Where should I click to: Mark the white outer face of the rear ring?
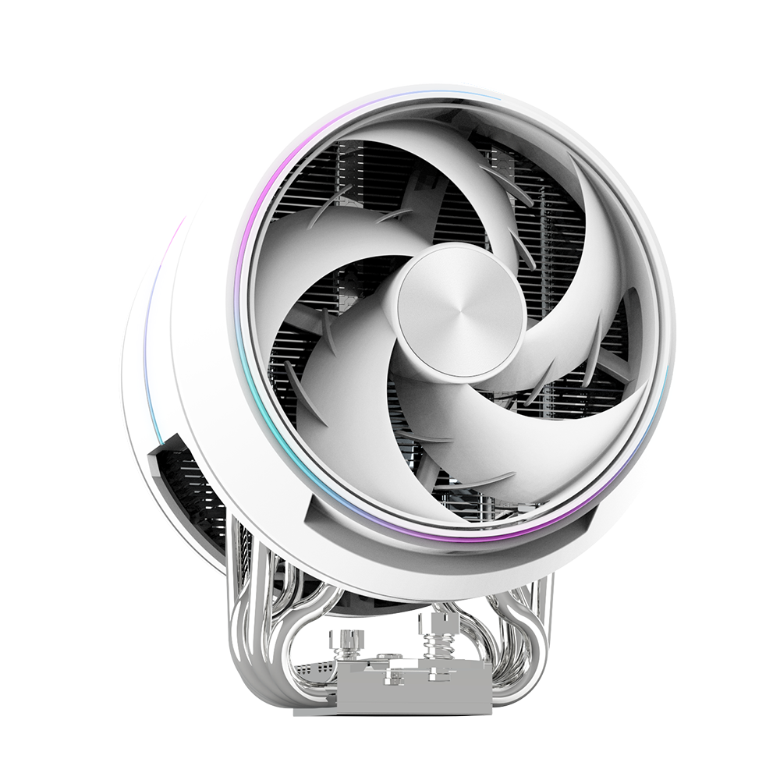(x=144, y=351)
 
